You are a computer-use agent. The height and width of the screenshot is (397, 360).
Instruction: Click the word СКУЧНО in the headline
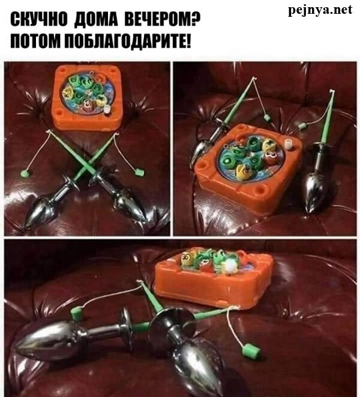tap(39, 20)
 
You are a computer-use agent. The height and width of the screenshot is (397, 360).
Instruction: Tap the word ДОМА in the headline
tap(96, 20)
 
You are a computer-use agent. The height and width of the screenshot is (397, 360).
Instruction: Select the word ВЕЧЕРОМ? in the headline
tap(163, 20)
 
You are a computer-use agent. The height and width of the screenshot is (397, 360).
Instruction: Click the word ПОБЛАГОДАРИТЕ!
tap(127, 41)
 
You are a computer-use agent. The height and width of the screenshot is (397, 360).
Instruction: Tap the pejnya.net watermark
tap(320, 10)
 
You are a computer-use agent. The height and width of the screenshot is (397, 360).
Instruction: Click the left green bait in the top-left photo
tap(25, 173)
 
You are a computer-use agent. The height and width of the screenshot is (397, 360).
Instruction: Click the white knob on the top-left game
tap(107, 110)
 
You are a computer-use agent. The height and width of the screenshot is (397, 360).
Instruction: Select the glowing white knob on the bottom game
tap(231, 267)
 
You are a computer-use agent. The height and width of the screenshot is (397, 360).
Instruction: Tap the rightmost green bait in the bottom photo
tap(251, 351)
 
